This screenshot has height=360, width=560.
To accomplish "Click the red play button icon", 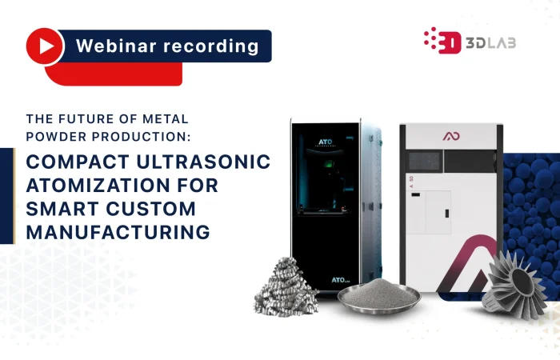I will click(x=45, y=46).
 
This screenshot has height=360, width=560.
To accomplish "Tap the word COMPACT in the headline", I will click(x=76, y=163).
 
